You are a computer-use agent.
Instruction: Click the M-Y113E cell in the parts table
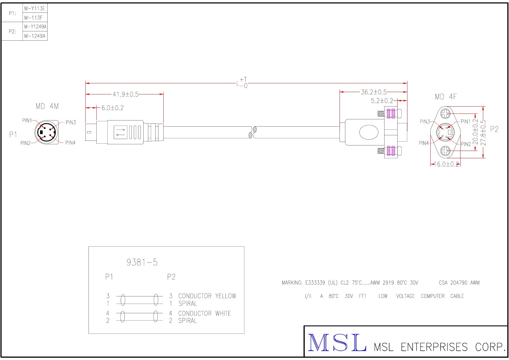coord(35,8)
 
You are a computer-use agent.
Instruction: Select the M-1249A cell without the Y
coord(35,36)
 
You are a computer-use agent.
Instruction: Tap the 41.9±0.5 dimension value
coord(125,94)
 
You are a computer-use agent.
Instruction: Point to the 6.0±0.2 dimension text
coord(113,108)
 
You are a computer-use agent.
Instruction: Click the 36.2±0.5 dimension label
coord(374,92)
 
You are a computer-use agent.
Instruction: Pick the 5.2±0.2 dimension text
coord(382,101)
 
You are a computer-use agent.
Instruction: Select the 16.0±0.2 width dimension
coord(446,164)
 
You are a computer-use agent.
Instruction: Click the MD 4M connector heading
coord(47,107)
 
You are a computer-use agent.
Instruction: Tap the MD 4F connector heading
coord(445,97)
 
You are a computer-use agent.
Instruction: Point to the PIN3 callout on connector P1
coord(71,122)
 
